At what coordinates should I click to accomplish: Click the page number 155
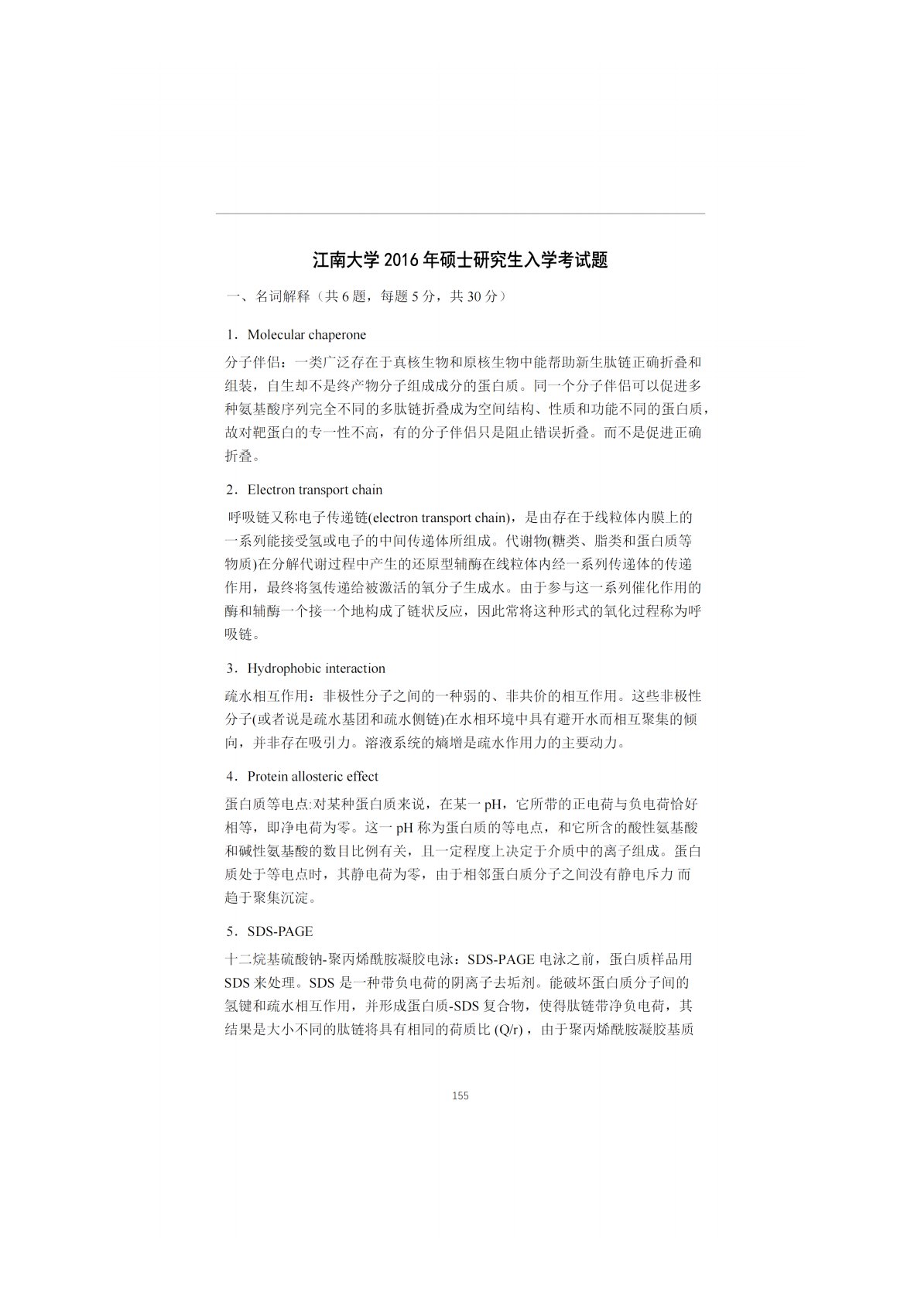(x=460, y=1095)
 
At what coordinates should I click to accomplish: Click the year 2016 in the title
(x=400, y=260)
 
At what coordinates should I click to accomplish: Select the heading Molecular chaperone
(x=306, y=335)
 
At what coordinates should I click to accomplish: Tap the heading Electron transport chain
(x=314, y=490)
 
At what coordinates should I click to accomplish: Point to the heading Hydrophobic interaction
(x=316, y=668)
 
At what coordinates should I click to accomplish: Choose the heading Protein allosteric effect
(x=313, y=777)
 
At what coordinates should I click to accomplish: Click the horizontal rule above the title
(x=460, y=214)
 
